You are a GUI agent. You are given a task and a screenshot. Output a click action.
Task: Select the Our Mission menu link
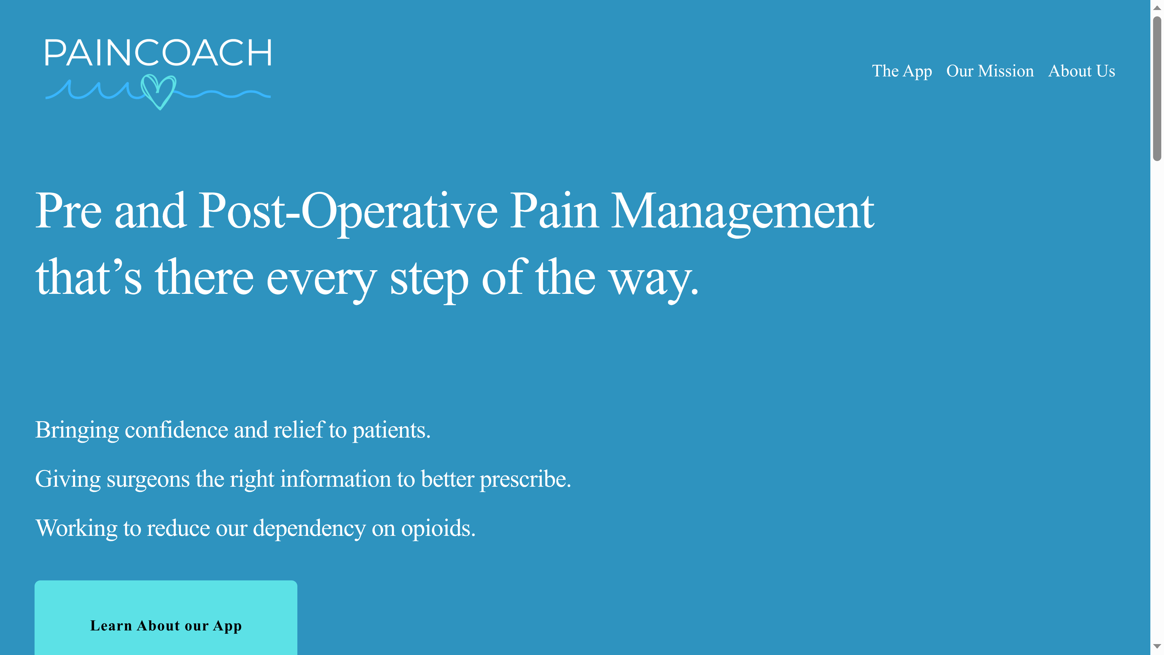990,71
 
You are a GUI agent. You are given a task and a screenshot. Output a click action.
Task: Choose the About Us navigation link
1081,71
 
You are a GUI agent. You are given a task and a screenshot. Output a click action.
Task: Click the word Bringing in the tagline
77,430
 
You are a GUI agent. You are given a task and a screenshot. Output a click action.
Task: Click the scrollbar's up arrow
1157,8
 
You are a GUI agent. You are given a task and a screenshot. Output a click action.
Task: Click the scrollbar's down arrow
1157,647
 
